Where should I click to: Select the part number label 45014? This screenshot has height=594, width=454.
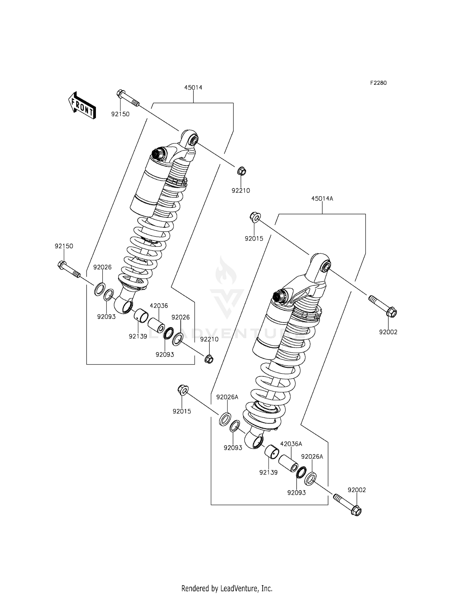[x=193, y=87]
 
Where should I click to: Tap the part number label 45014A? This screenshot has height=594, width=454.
[x=322, y=199]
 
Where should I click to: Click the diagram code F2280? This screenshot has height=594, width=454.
[x=378, y=83]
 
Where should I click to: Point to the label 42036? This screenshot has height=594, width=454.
[x=159, y=306]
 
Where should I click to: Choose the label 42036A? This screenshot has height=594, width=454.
[x=291, y=444]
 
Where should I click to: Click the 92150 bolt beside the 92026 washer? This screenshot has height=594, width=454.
[x=68, y=269]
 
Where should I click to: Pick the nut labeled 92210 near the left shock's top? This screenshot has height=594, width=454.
[x=241, y=171]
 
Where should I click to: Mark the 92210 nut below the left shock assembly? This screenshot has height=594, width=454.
[x=209, y=359]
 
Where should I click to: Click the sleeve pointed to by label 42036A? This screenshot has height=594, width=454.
[x=288, y=463]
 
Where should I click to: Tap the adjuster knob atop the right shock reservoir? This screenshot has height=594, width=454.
[x=279, y=297]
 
